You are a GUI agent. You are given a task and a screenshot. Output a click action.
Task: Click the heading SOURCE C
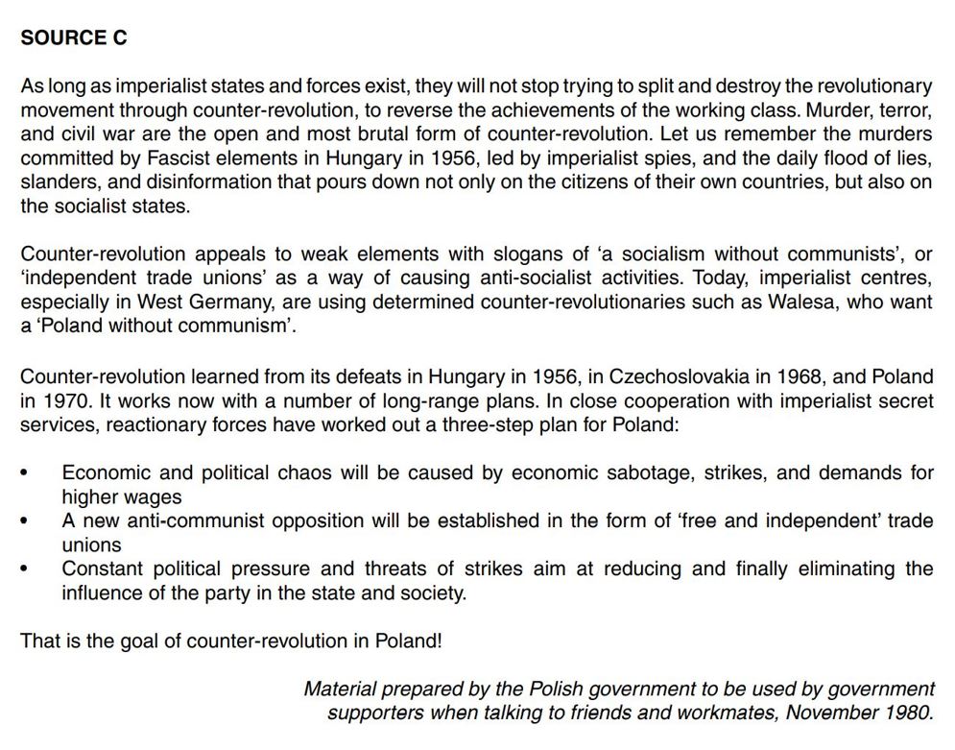74,38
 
